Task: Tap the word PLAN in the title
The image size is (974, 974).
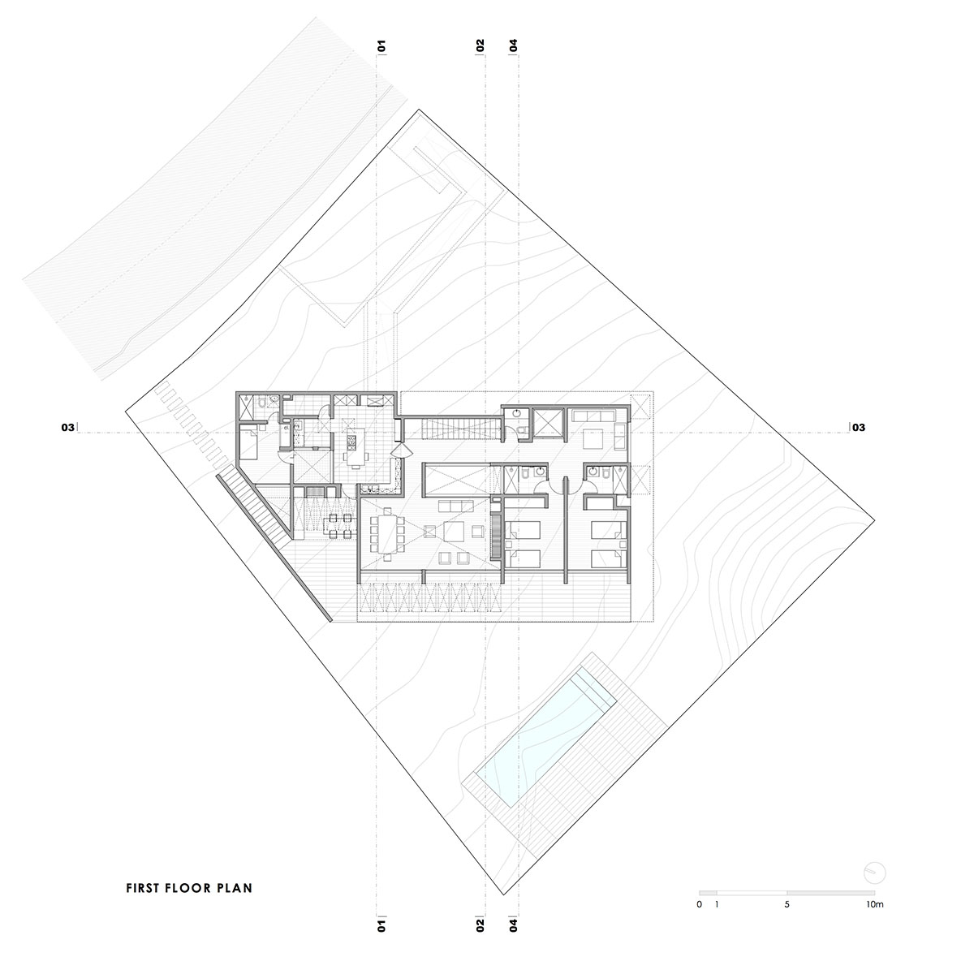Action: (234, 888)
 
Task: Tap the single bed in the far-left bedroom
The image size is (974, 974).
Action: (248, 443)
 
